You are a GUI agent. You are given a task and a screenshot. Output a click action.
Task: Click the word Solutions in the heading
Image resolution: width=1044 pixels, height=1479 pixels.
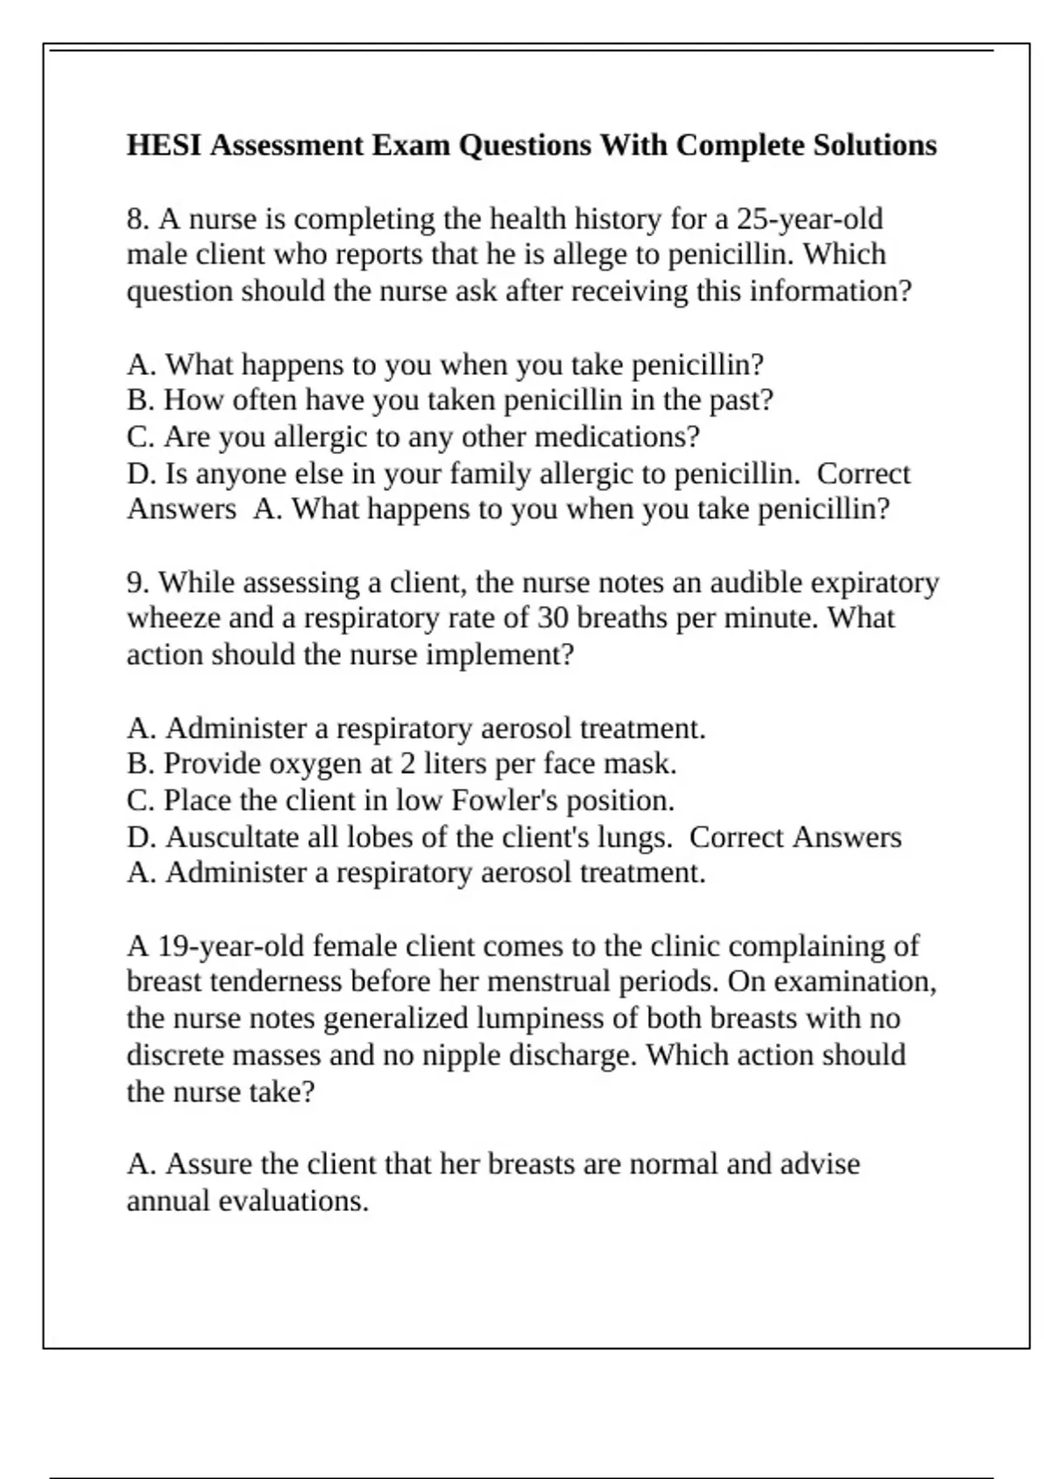pos(874,145)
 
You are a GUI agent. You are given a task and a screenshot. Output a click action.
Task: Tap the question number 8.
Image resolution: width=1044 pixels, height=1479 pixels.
pos(137,218)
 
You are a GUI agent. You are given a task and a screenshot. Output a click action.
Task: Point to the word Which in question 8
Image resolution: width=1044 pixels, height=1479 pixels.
pos(844,255)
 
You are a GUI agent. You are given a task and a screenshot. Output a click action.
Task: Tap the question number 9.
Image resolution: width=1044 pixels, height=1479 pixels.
pos(137,582)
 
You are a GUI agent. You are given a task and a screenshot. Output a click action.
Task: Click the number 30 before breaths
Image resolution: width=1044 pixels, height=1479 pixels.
pos(553,619)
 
